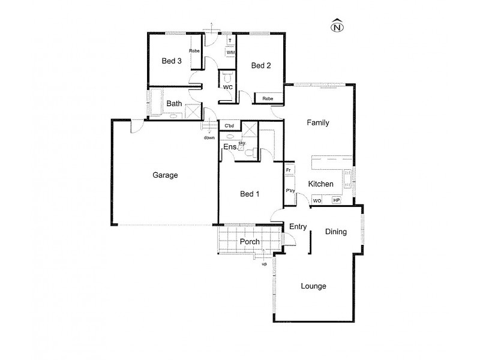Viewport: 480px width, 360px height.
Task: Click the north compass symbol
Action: pyautogui.click(x=338, y=26)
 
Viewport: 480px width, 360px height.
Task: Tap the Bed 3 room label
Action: pyautogui.click(x=172, y=61)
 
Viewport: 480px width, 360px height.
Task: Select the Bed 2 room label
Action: pyautogui.click(x=261, y=66)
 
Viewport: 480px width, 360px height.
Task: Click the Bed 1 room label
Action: pyautogui.click(x=250, y=194)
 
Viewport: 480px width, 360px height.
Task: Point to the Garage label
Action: pyautogui.click(x=165, y=176)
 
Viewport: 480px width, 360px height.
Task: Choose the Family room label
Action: pyautogui.click(x=318, y=122)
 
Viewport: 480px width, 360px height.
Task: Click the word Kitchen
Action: pyautogui.click(x=321, y=184)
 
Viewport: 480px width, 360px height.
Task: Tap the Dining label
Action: pyautogui.click(x=336, y=231)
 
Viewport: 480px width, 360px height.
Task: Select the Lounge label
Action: pyautogui.click(x=313, y=286)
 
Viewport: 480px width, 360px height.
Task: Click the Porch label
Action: pyautogui.click(x=250, y=242)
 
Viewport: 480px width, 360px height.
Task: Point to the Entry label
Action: pyautogui.click(x=298, y=227)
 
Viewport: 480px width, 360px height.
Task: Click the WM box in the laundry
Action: pyautogui.click(x=230, y=53)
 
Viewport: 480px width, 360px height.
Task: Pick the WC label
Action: pyautogui.click(x=228, y=88)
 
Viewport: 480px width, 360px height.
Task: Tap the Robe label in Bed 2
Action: pyautogui.click(x=268, y=98)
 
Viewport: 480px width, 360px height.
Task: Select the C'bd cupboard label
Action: pyautogui.click(x=229, y=126)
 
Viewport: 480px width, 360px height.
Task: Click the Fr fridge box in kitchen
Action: pyautogui.click(x=289, y=170)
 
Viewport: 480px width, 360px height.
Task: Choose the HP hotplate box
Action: pyautogui.click(x=336, y=201)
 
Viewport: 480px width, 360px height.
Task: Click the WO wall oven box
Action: pyautogui.click(x=317, y=201)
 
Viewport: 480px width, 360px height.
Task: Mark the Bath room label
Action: pyautogui.click(x=174, y=104)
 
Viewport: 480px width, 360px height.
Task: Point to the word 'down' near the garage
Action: pyautogui.click(x=209, y=137)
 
